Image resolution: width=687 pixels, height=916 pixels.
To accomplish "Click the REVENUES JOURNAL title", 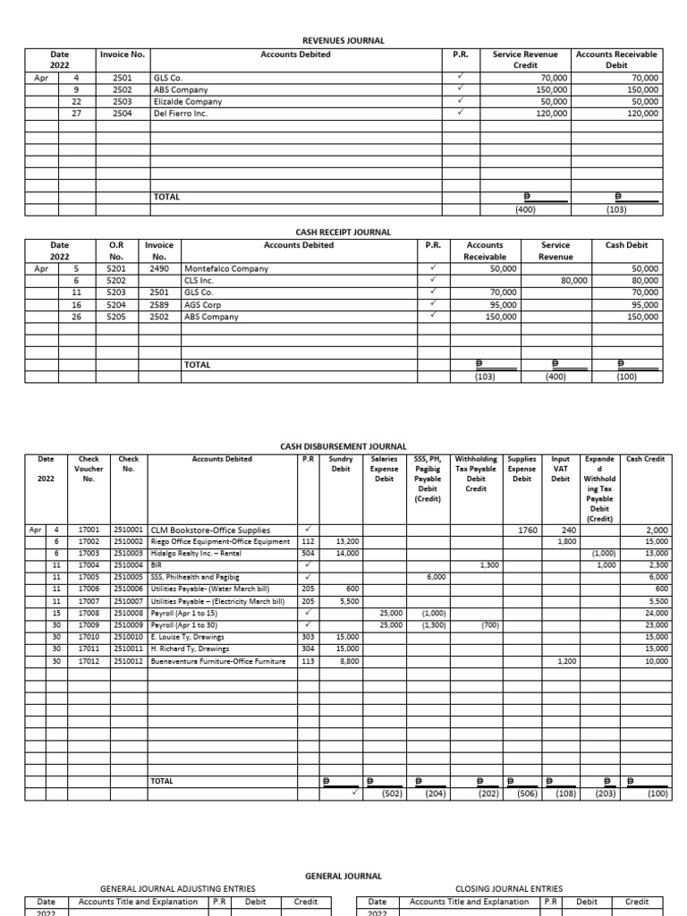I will point(344,41).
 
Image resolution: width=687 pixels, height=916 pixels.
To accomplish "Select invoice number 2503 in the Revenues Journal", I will point(123,102).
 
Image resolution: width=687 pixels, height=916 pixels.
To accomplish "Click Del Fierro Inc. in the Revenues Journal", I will point(181,114).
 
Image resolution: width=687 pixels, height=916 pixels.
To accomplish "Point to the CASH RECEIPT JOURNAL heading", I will point(343,232).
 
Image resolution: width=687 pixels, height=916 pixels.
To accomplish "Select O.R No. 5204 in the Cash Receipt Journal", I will point(116,304).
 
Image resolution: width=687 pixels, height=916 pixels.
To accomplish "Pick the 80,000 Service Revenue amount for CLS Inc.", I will point(574,280).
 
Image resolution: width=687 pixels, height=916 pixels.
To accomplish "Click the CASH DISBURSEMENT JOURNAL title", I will point(343,445).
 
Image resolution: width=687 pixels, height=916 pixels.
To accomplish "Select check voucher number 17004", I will point(89,565).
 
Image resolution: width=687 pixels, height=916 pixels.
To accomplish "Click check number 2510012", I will point(130,661).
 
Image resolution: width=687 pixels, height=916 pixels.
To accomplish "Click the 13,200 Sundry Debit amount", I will point(347,541).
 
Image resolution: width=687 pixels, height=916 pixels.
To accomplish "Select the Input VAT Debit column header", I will point(561,469).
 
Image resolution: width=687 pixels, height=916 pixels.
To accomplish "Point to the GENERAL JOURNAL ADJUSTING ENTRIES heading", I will point(177,888).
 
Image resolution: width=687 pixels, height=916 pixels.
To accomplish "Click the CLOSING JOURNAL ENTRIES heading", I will point(509,888).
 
